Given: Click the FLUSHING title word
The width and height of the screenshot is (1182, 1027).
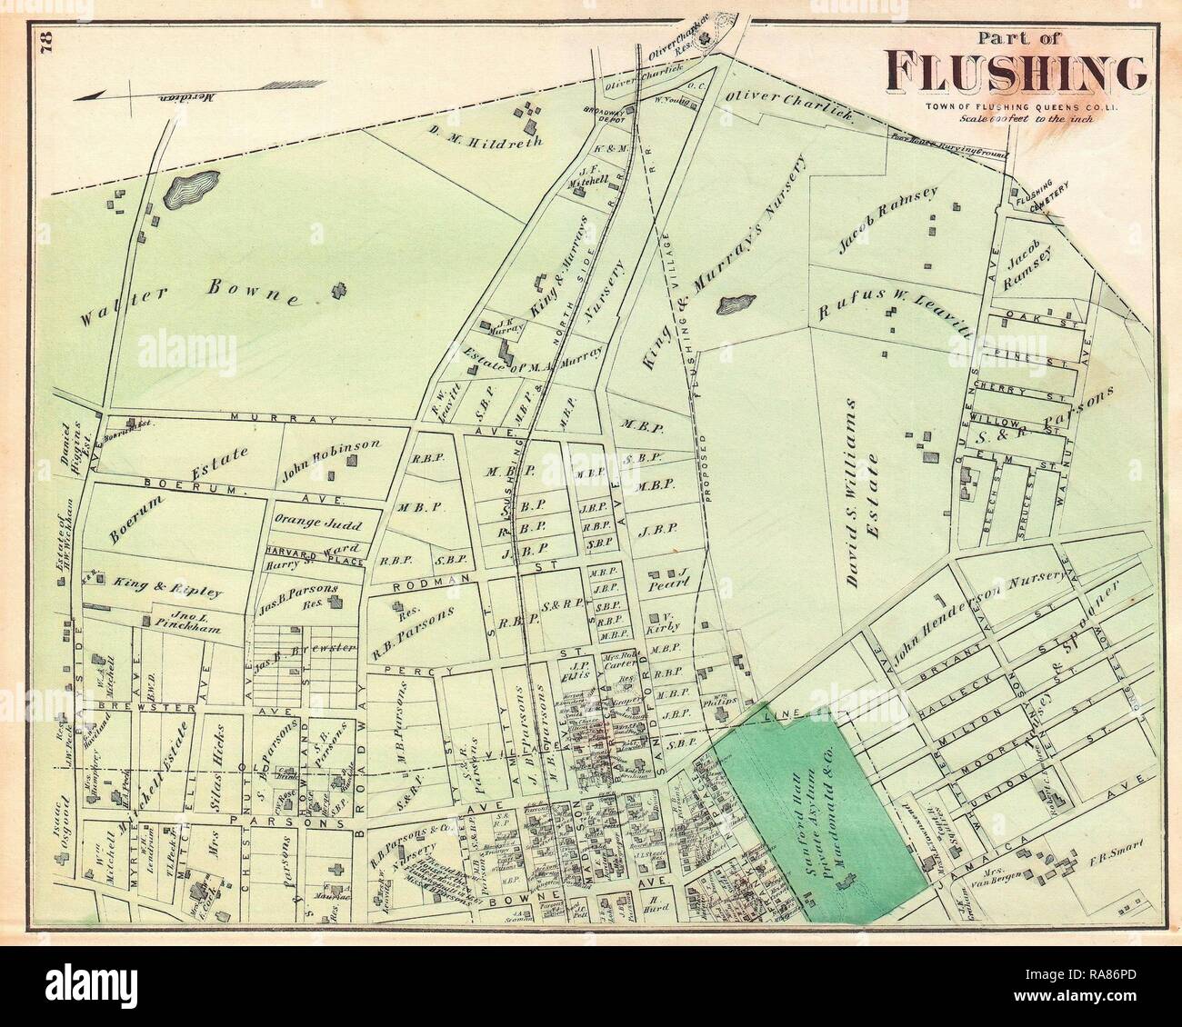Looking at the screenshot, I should pos(1016,72).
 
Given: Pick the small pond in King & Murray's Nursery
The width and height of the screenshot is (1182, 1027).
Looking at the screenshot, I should pos(736,303).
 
